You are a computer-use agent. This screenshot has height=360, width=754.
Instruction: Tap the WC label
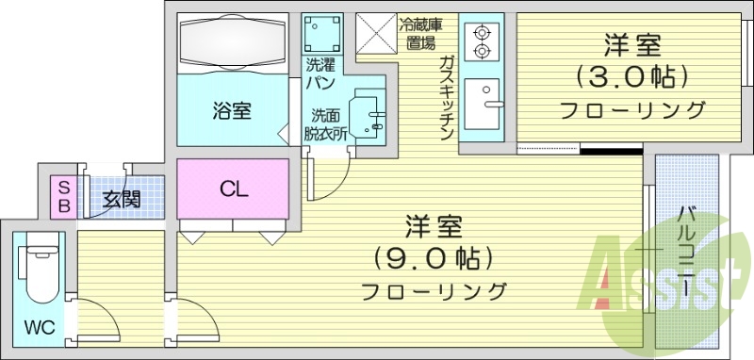point(39,329)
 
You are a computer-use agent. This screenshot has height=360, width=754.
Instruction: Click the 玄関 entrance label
point(122,199)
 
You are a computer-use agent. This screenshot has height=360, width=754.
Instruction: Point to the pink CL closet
point(233,188)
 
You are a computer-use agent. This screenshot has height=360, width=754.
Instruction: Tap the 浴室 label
point(231,110)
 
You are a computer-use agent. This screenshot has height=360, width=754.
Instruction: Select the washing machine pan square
point(321,36)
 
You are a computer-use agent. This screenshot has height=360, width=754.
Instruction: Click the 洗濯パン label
point(320,74)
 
